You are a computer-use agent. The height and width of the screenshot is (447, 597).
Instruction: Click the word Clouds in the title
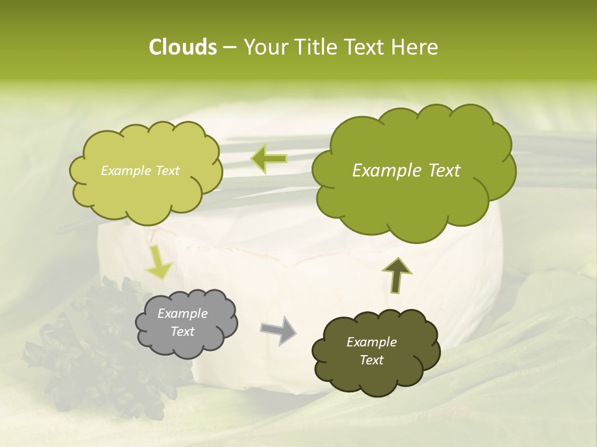(182, 47)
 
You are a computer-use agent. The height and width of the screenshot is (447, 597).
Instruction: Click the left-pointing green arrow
(269, 159)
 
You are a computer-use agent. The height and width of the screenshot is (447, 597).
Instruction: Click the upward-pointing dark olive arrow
(396, 275)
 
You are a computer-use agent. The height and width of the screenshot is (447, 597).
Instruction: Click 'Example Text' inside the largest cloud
(406, 171)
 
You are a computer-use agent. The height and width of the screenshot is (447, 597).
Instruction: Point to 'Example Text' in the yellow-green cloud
(140, 171)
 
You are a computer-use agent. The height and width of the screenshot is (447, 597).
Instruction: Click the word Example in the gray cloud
(182, 314)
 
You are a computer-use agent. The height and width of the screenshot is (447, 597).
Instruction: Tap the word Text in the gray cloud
(182, 332)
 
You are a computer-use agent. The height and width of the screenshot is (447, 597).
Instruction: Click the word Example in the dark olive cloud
(371, 342)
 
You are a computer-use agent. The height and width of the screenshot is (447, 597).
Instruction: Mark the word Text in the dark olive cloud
(371, 360)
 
